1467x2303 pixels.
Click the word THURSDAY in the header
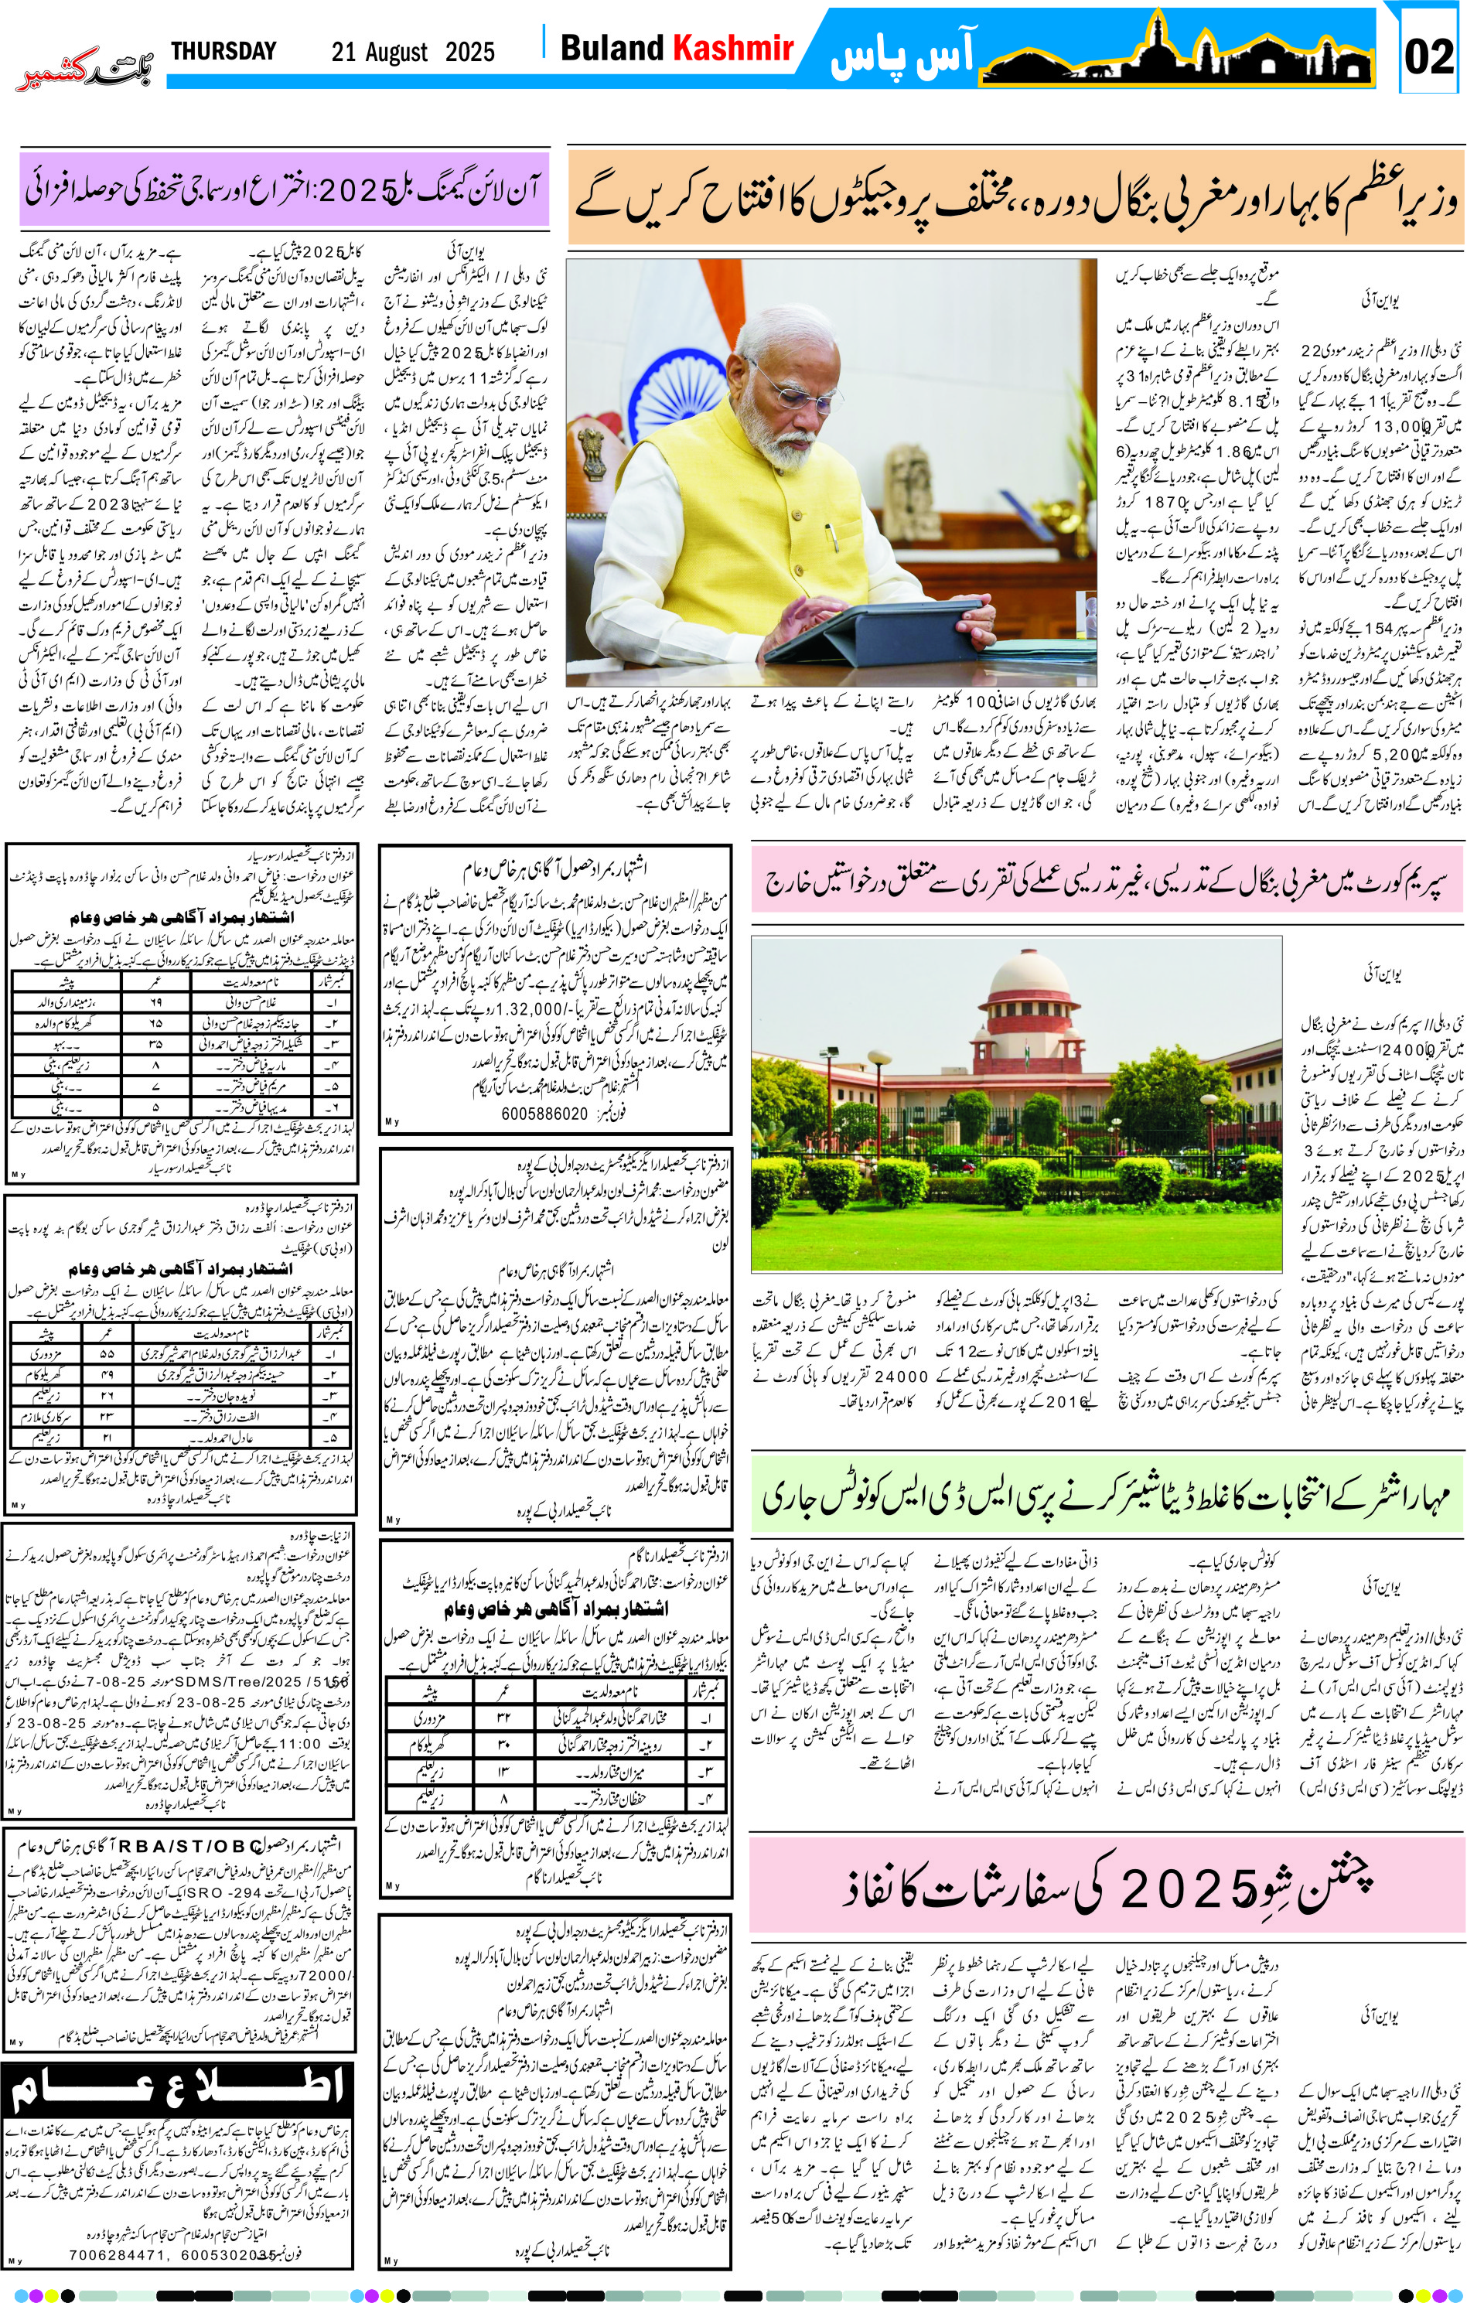click(x=223, y=51)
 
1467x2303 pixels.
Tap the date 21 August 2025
click(x=413, y=52)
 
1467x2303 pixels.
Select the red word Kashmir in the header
click(x=733, y=48)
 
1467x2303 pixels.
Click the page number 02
click(x=1429, y=56)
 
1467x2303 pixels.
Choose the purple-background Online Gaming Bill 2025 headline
click(x=284, y=189)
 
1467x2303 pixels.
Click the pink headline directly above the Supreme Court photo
click(x=1107, y=881)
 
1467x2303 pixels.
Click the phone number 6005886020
click(x=544, y=1114)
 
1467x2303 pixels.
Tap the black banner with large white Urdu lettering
click(x=178, y=2088)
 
